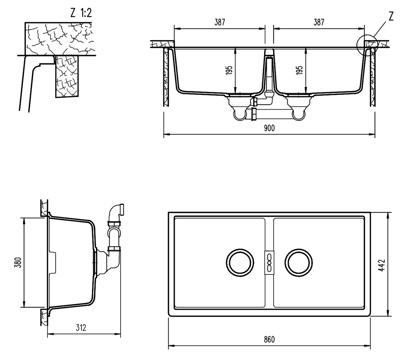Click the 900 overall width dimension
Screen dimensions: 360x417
pos(269,128)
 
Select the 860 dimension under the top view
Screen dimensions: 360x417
pos(269,339)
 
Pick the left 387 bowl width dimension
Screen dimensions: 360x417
pos(219,22)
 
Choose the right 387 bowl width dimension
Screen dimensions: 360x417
pos(319,22)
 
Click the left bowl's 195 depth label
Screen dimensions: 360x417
pos(230,70)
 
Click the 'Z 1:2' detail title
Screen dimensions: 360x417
pos(81,13)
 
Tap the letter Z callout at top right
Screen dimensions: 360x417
pos(391,16)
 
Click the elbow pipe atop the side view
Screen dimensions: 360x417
pos(115,212)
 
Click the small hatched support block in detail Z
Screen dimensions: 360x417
pos(67,76)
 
